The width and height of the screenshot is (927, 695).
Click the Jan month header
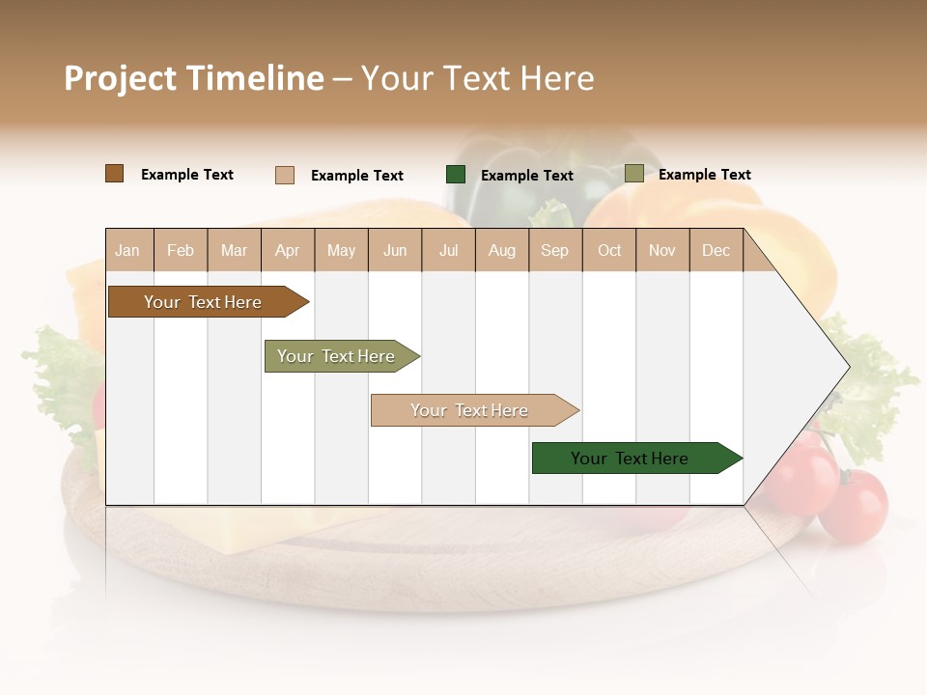(x=128, y=250)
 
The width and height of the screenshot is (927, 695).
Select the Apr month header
(x=288, y=250)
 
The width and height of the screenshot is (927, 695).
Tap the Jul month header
(x=449, y=250)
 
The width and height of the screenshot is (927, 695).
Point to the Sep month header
(x=555, y=250)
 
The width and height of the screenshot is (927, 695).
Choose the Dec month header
(x=716, y=250)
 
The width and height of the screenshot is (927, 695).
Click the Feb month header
(x=181, y=250)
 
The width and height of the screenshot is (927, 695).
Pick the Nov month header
(x=662, y=250)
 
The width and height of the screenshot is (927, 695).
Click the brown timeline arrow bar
(x=204, y=302)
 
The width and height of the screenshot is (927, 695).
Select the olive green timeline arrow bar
(x=337, y=356)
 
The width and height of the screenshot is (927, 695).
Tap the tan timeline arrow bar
(x=470, y=410)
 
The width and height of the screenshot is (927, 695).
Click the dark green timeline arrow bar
(x=631, y=459)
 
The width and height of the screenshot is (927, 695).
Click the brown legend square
(x=115, y=174)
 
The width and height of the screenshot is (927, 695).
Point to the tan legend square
(x=285, y=175)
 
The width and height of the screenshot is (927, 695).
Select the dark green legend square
(x=456, y=175)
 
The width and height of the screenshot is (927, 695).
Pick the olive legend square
(x=634, y=174)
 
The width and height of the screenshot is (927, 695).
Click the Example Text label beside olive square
(x=704, y=175)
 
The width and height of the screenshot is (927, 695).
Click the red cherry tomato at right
(x=854, y=507)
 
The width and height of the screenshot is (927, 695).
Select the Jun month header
(x=395, y=250)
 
